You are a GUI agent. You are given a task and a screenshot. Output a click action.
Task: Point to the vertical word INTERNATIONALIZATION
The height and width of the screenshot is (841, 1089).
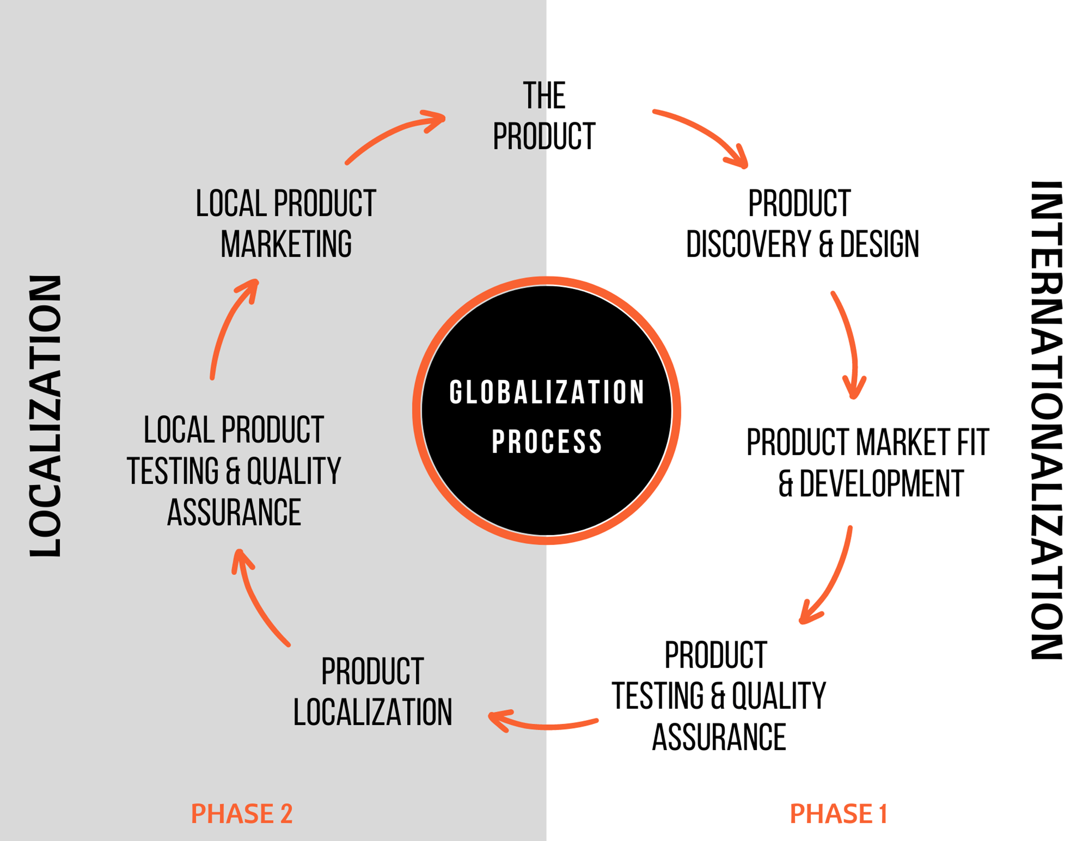click(1046, 420)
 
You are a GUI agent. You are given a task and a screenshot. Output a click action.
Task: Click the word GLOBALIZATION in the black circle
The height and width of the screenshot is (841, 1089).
click(547, 392)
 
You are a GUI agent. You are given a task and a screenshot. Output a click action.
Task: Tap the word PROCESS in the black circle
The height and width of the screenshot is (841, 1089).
click(547, 442)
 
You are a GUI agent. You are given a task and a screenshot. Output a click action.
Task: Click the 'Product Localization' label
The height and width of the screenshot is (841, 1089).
click(373, 691)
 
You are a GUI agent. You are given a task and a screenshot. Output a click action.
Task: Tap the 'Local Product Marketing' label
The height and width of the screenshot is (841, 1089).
click(286, 224)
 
